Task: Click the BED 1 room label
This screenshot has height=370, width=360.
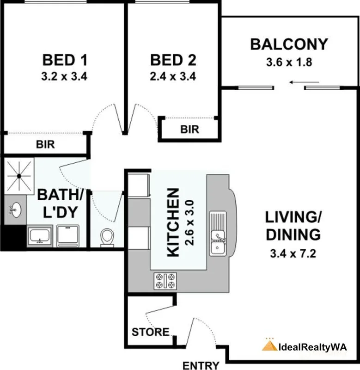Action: (65, 60)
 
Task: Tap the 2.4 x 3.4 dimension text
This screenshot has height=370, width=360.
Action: (173, 76)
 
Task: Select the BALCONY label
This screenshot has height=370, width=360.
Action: (289, 44)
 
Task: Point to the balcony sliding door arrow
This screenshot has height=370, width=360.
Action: (304, 82)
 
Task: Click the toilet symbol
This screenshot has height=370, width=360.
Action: (107, 237)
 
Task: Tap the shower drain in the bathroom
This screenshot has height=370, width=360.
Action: (19, 176)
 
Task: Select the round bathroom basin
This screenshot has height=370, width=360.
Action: (16, 210)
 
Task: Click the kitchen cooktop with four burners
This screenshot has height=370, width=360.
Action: (165, 281)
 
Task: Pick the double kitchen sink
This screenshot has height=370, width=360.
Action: (218, 234)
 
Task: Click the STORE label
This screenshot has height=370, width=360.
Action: (150, 332)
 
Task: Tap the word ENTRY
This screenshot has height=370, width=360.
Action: (201, 365)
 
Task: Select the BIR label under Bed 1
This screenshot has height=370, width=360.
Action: (45, 144)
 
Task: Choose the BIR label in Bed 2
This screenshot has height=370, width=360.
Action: (189, 129)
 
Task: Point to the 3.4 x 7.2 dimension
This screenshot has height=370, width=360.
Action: (293, 253)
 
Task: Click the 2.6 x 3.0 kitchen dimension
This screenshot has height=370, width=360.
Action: (190, 223)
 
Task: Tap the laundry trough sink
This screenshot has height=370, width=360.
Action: (40, 236)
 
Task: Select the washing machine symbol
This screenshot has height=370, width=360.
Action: (68, 236)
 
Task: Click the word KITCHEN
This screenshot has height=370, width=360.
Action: (173, 222)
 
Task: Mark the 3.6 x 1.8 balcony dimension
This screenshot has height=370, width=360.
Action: (289, 62)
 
